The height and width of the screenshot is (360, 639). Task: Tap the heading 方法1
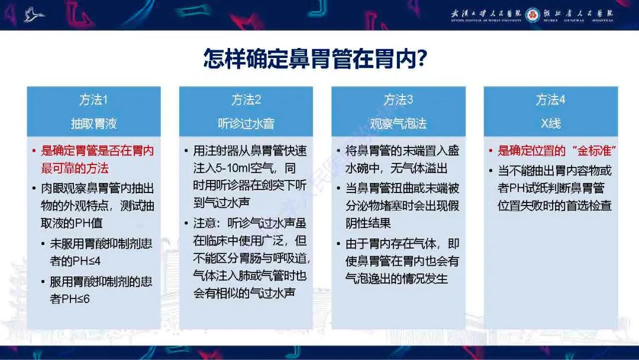pos(93,100)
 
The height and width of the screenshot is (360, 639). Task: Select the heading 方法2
pos(246,100)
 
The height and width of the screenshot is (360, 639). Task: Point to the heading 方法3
pos(398,100)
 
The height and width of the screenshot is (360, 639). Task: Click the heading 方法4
pos(550,100)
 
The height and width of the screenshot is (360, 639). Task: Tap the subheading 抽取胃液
pos(93,124)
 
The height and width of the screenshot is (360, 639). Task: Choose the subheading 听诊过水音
pos(246,124)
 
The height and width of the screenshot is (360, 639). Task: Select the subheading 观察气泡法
pos(398,124)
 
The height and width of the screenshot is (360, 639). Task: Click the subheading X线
pos(550,124)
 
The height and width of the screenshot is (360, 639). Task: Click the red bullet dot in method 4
pos(491,151)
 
